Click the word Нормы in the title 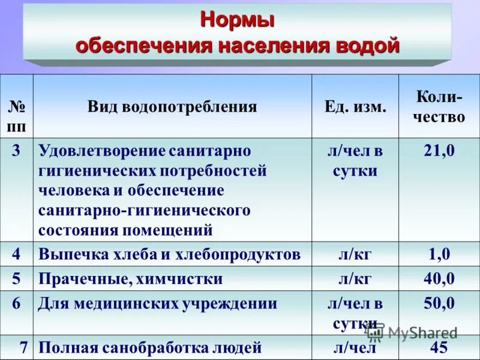[237, 20]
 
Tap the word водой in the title [370, 46]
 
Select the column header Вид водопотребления [172, 107]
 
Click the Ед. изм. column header [355, 107]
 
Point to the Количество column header [439, 106]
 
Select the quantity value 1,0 [439, 254]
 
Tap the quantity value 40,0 [439, 279]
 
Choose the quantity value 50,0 [439, 303]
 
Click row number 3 [16, 151]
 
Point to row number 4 [16, 254]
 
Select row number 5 [16, 279]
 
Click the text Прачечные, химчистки [131, 279]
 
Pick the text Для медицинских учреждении [158, 304]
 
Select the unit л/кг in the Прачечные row [355, 279]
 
